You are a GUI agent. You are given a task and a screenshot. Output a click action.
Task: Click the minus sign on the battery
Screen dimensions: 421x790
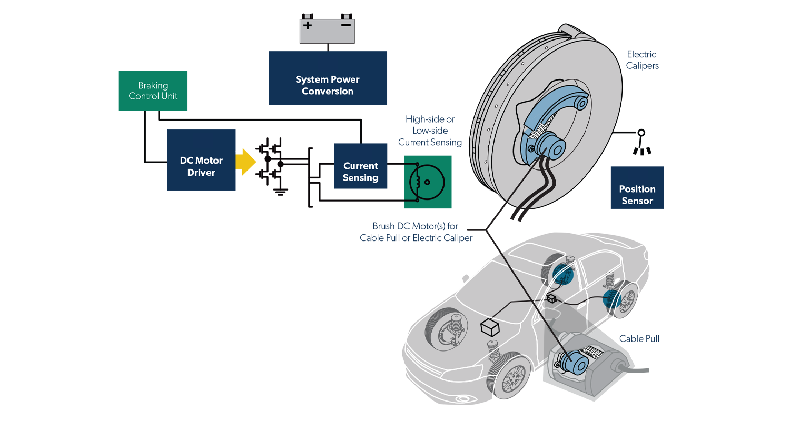point(346,25)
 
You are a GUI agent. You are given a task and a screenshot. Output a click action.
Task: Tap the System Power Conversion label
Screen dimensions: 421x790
point(327,85)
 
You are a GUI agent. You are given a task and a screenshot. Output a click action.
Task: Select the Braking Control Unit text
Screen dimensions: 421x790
point(153,91)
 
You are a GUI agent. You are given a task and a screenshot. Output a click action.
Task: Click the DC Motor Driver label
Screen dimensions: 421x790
point(201,166)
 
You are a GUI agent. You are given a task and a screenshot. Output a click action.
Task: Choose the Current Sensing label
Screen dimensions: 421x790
point(360,172)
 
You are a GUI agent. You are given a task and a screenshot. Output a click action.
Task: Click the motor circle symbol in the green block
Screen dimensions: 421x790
point(427,182)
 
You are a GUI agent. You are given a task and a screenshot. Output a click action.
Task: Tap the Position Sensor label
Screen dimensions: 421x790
point(637,195)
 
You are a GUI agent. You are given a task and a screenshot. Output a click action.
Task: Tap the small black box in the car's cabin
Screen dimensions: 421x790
point(551,299)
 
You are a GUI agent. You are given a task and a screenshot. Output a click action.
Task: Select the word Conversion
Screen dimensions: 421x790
point(327,91)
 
